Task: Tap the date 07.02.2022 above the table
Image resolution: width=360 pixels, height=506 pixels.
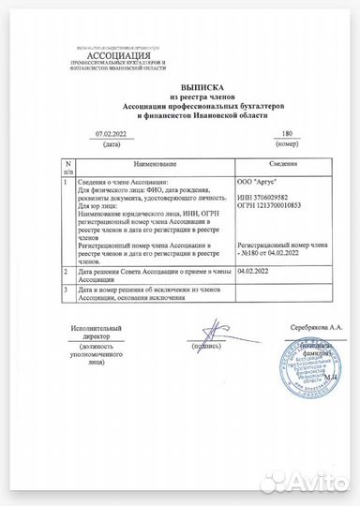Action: (112, 135)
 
